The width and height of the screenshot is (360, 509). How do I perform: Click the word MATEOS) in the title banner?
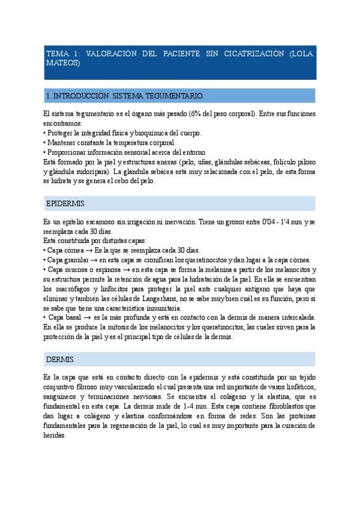[x=63, y=62]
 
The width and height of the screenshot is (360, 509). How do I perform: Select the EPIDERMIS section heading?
[x=65, y=204]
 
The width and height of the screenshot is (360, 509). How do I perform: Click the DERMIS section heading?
[x=60, y=360]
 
